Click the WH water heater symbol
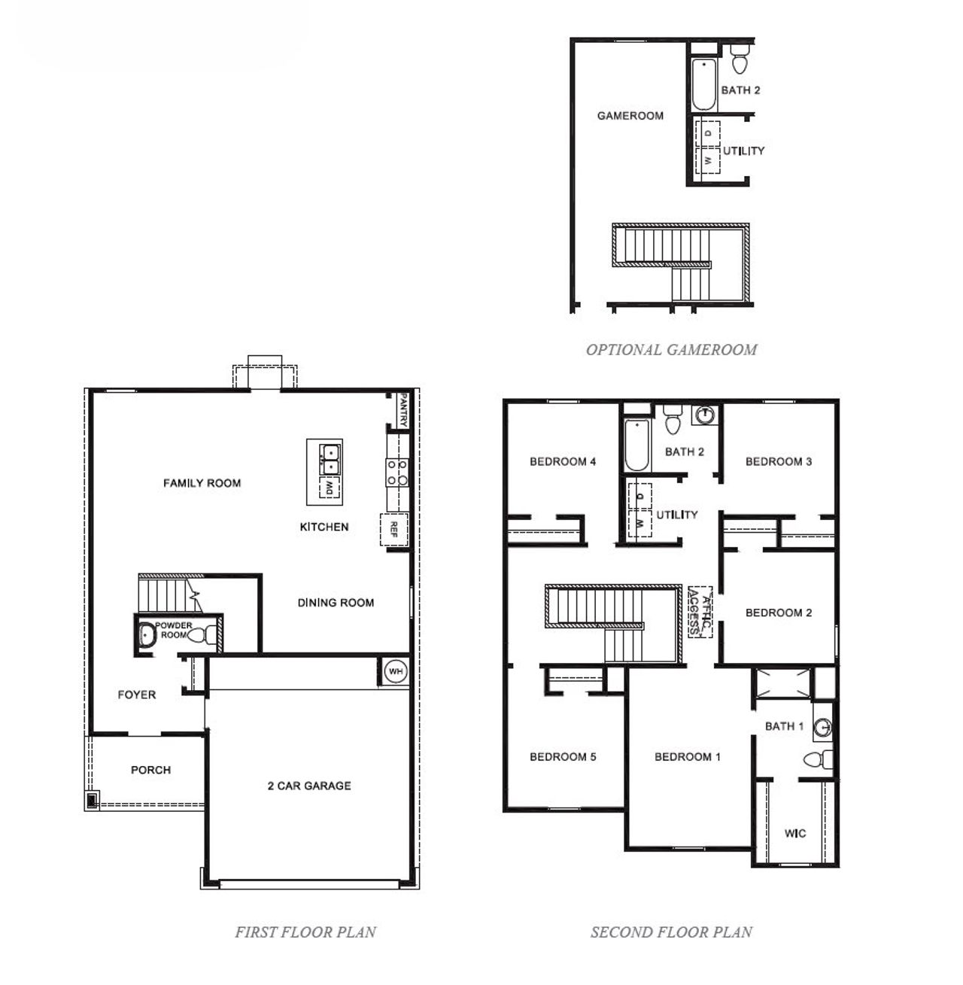pos(395,670)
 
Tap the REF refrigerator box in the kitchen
pos(393,529)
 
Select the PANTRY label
pos(404,409)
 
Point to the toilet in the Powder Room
pos(201,635)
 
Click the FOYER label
pos(137,695)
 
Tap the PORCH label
pos(150,770)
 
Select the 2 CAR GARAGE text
pos(309,786)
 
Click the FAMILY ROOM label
pos(202,483)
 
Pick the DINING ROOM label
pos(336,602)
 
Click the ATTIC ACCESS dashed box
pos(700,612)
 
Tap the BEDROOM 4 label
pos(563,461)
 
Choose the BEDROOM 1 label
pos(688,756)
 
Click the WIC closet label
pos(795,833)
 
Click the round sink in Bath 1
pos(825,727)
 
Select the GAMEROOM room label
pos(630,115)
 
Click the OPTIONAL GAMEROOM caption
pos(671,349)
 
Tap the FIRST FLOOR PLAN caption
pos(305,932)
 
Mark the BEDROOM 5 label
pos(563,756)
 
